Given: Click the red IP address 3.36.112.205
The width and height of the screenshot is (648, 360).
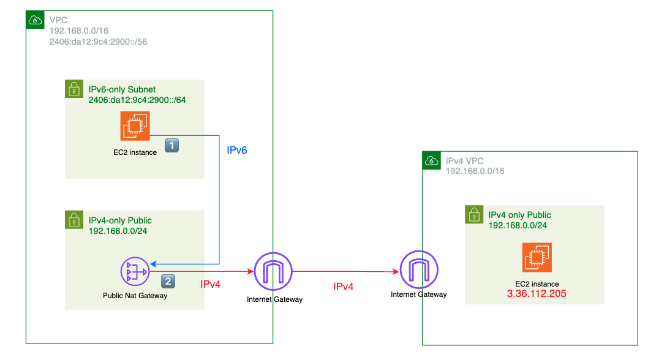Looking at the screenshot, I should pyautogui.click(x=536, y=294).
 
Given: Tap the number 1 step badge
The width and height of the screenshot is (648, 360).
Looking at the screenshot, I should pyautogui.click(x=173, y=146).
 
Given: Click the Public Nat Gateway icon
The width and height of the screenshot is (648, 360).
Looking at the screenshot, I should pyautogui.click(x=135, y=271).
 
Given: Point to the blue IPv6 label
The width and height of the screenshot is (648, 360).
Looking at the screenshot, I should pyautogui.click(x=237, y=150).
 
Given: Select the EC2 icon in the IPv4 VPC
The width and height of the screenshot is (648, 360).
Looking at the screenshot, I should pyautogui.click(x=537, y=257).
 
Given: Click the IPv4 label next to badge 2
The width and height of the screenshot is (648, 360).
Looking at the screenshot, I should pyautogui.click(x=211, y=284).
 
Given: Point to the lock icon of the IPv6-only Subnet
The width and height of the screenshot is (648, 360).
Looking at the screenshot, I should pyautogui.click(x=73, y=89).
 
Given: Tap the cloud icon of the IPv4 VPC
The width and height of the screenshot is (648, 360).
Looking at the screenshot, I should pyautogui.click(x=431, y=161).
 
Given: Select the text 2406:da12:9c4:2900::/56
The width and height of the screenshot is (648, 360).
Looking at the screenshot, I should pyautogui.click(x=98, y=42).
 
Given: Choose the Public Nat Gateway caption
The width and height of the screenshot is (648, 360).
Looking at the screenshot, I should pyautogui.click(x=135, y=296).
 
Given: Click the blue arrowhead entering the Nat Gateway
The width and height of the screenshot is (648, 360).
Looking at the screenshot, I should pyautogui.click(x=154, y=264).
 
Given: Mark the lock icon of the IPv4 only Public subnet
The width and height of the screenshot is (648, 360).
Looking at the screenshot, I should pyautogui.click(x=474, y=214).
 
